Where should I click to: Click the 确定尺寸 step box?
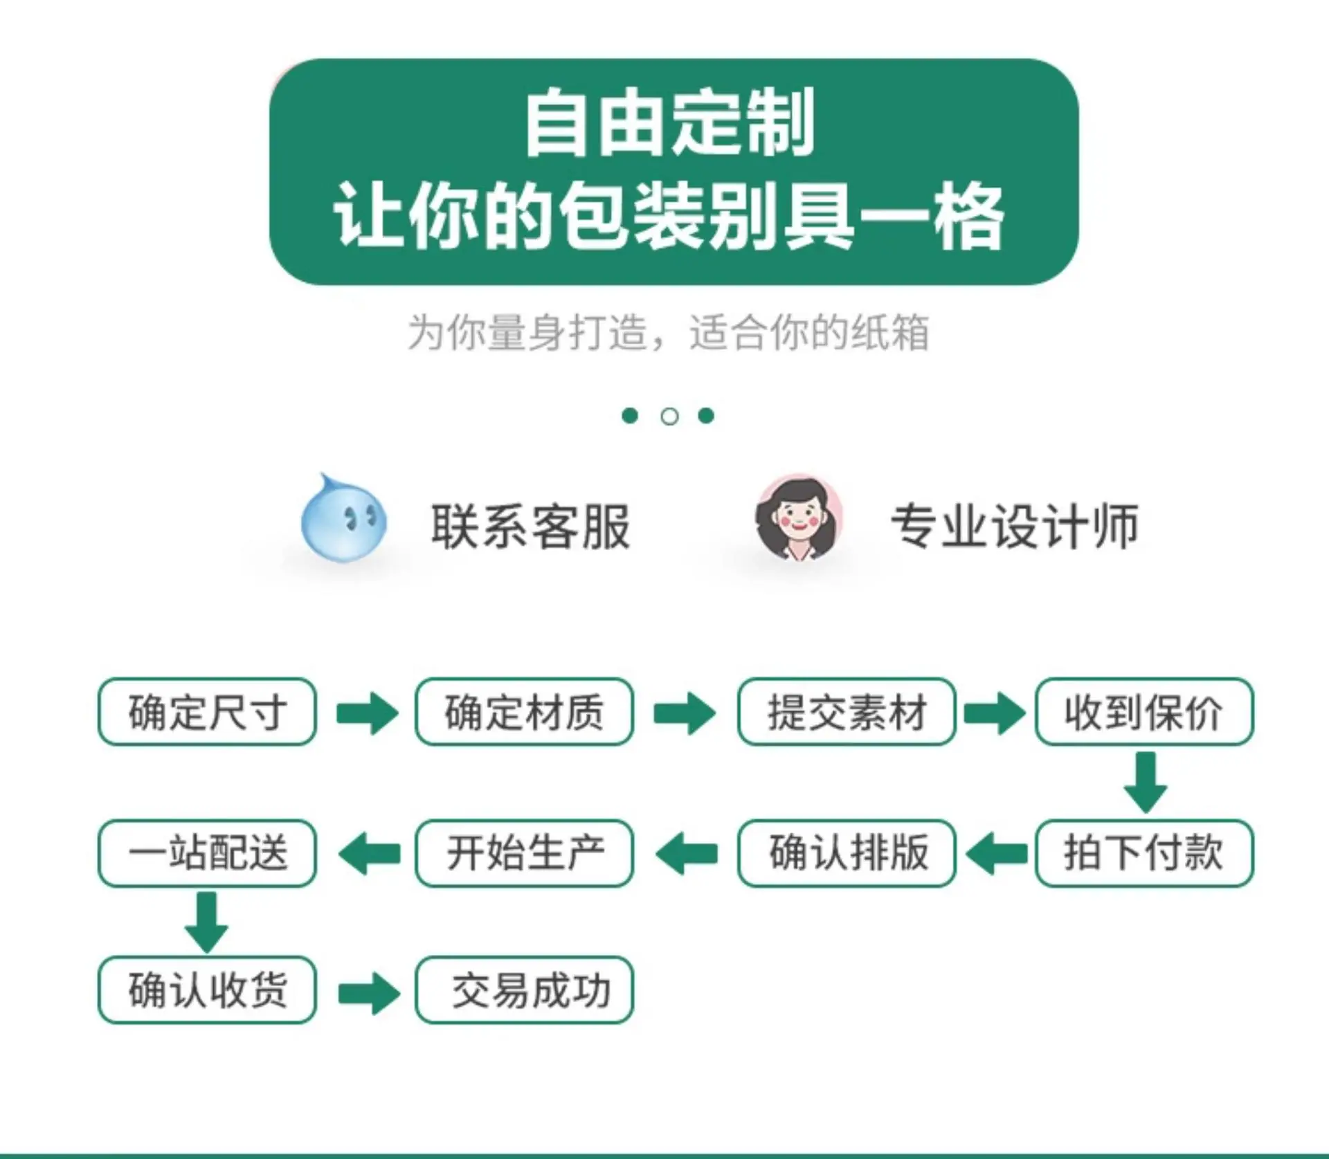point(207,711)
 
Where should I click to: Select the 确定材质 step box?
point(524,711)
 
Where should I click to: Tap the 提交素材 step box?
point(847,711)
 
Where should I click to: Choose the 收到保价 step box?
point(1144,711)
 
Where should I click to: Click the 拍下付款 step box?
point(1144,852)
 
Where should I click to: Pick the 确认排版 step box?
point(847,852)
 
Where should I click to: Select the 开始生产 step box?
point(524,852)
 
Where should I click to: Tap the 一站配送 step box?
point(207,852)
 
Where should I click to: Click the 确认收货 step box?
point(207,989)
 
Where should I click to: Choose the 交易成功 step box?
point(524,989)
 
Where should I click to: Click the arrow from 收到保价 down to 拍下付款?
point(1146,782)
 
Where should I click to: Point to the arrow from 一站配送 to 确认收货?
point(206,922)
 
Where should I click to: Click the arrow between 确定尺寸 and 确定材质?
point(368,713)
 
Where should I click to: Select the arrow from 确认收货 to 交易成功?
point(369,993)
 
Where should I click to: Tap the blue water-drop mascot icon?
point(343,518)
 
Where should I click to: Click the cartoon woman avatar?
point(799,518)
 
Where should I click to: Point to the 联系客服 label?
point(530,527)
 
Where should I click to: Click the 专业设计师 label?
point(1014,527)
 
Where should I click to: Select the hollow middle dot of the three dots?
point(669,417)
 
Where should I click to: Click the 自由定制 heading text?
point(669,123)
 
